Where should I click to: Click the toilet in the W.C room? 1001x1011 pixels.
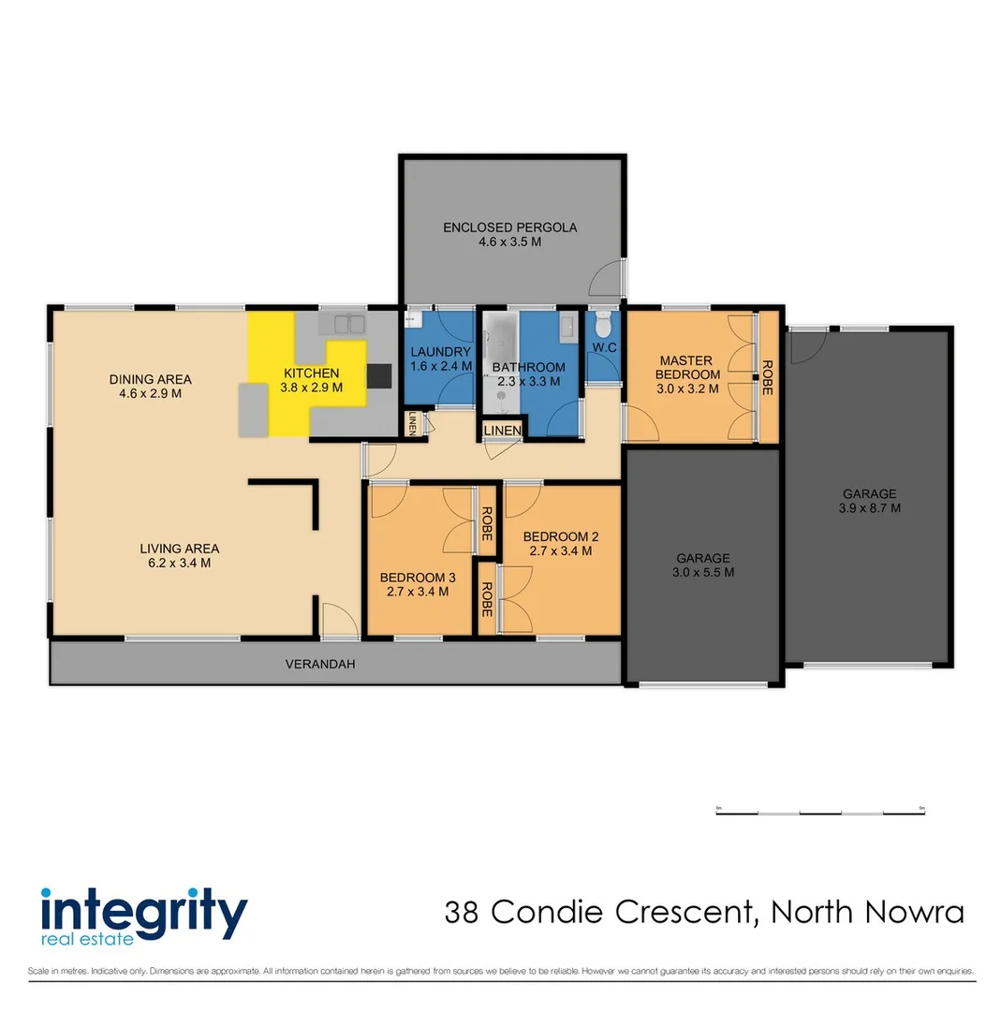(x=603, y=328)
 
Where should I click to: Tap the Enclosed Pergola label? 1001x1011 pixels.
(x=509, y=227)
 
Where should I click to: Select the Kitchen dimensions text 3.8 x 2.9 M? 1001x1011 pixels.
(x=312, y=387)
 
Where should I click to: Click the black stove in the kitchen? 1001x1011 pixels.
(x=379, y=375)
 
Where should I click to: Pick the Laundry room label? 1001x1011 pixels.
(x=440, y=352)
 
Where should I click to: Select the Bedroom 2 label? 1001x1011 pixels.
(x=561, y=536)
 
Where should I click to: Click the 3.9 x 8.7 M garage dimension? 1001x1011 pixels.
(x=870, y=508)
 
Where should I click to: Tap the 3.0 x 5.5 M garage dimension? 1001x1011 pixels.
(x=702, y=572)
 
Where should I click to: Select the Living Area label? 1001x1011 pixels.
(x=180, y=549)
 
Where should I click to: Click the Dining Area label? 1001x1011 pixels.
(x=150, y=379)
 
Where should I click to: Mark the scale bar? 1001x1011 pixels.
(x=819, y=811)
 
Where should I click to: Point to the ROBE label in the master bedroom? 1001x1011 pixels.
(x=768, y=376)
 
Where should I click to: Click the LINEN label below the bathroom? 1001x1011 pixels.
(x=502, y=430)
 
